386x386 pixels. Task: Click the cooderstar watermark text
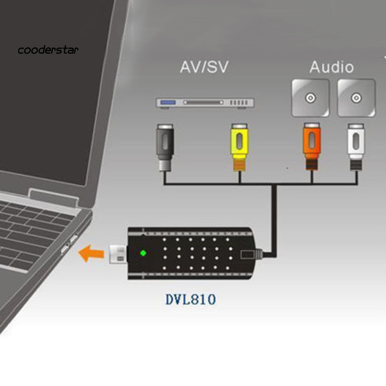click(48, 50)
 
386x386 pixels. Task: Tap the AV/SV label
click(204, 67)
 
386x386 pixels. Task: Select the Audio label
click(331, 67)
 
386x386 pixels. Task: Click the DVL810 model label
click(190, 299)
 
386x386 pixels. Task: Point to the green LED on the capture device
click(143, 253)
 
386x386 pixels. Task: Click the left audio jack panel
click(310, 98)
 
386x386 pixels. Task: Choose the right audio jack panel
click(356, 98)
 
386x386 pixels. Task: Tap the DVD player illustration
click(205, 103)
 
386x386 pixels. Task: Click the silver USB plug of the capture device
click(117, 254)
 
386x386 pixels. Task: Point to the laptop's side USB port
click(66, 247)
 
